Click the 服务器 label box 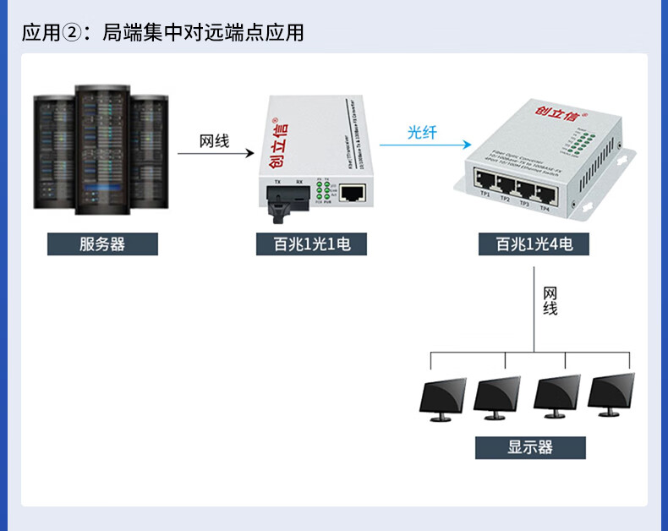coord(102,244)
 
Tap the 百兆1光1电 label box coord(311,244)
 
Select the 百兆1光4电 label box coord(534,244)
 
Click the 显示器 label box coord(530,447)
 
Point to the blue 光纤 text coord(422,132)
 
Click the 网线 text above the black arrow coord(215,141)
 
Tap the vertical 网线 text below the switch coord(550,301)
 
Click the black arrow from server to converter coord(216,154)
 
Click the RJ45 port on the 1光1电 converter coord(352,194)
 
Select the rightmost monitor coord(611,393)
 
